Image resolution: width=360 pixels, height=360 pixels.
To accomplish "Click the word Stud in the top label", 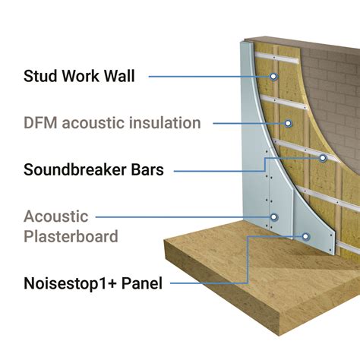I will pyautogui.click(x=41, y=75).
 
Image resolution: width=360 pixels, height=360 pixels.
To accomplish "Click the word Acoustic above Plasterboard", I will pyautogui.click(x=56, y=217).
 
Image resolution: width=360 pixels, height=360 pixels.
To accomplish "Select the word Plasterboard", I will pyautogui.click(x=71, y=237).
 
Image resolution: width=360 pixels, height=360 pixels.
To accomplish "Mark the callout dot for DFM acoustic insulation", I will pyautogui.click(x=287, y=122).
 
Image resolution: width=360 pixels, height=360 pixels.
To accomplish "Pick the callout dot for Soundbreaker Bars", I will pyautogui.click(x=322, y=158).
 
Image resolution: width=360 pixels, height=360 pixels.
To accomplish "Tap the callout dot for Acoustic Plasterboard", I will pyautogui.click(x=274, y=217).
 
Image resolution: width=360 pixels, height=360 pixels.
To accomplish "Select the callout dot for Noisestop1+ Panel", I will pyautogui.click(x=305, y=236).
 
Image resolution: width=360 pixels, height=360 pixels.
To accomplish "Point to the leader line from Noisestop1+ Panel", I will pyautogui.click(x=228, y=284).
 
